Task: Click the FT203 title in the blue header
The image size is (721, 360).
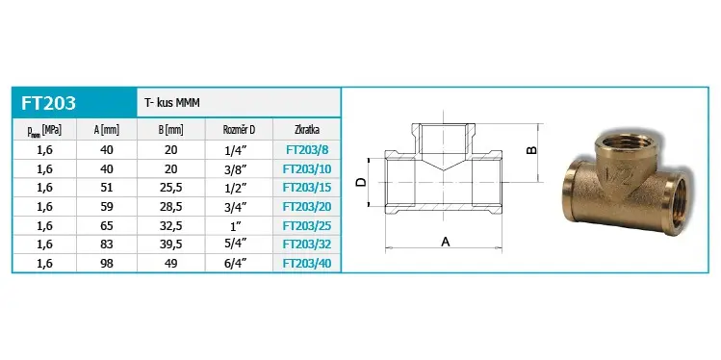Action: (x=48, y=103)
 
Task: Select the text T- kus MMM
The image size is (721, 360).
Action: (x=172, y=103)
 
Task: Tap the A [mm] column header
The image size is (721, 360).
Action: (x=107, y=130)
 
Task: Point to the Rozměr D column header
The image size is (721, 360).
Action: (x=239, y=130)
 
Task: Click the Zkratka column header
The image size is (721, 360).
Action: (x=307, y=130)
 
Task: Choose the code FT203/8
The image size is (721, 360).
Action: (x=307, y=150)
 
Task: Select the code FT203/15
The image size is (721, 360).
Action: (x=307, y=188)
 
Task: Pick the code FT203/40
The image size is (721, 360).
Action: (x=307, y=264)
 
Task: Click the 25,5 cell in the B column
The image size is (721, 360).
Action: (x=171, y=188)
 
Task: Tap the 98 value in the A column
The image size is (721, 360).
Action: (x=107, y=264)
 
